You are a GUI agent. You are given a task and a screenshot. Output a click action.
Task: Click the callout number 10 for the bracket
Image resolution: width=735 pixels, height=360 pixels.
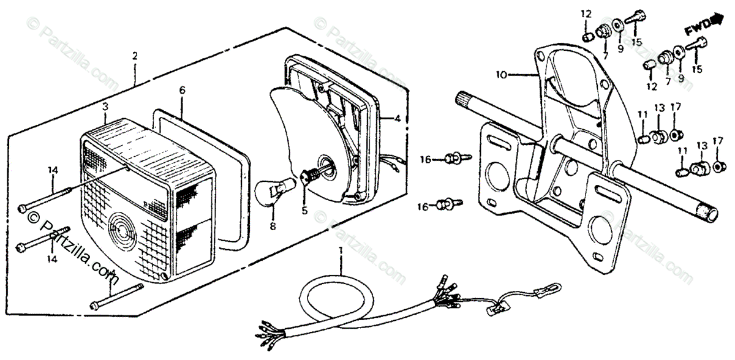point(501,75)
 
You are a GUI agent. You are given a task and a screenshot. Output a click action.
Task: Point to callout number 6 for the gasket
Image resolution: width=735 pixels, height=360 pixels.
point(182,90)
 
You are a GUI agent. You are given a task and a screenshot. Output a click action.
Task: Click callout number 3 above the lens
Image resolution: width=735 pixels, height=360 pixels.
point(105,107)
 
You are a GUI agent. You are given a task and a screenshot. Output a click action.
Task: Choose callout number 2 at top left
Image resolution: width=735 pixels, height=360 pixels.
point(135,56)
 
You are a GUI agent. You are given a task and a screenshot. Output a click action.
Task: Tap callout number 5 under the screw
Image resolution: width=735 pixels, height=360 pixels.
point(304,212)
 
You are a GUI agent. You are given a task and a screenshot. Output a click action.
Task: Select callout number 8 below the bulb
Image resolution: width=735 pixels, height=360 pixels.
point(273,226)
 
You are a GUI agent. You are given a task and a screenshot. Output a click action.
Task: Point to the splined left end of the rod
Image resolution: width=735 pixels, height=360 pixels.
point(466,99)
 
